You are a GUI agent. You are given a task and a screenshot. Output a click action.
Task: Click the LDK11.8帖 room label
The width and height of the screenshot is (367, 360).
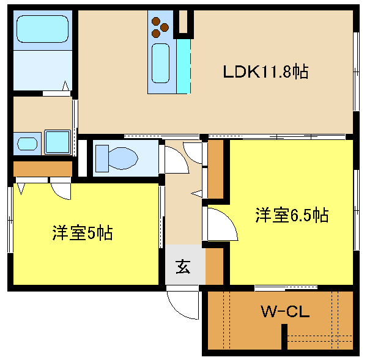tap(264, 72)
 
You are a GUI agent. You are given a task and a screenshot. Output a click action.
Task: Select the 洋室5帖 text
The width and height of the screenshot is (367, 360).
tap(82, 233)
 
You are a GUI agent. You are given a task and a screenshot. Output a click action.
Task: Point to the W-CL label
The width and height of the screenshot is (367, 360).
tap(286, 312)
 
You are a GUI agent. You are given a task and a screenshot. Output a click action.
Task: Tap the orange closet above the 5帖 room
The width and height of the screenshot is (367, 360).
tap(42, 168)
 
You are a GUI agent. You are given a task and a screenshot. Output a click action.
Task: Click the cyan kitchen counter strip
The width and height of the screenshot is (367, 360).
tap(183, 64)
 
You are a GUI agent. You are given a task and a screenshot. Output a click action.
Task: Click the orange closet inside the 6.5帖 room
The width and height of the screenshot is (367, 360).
tap(216, 169)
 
